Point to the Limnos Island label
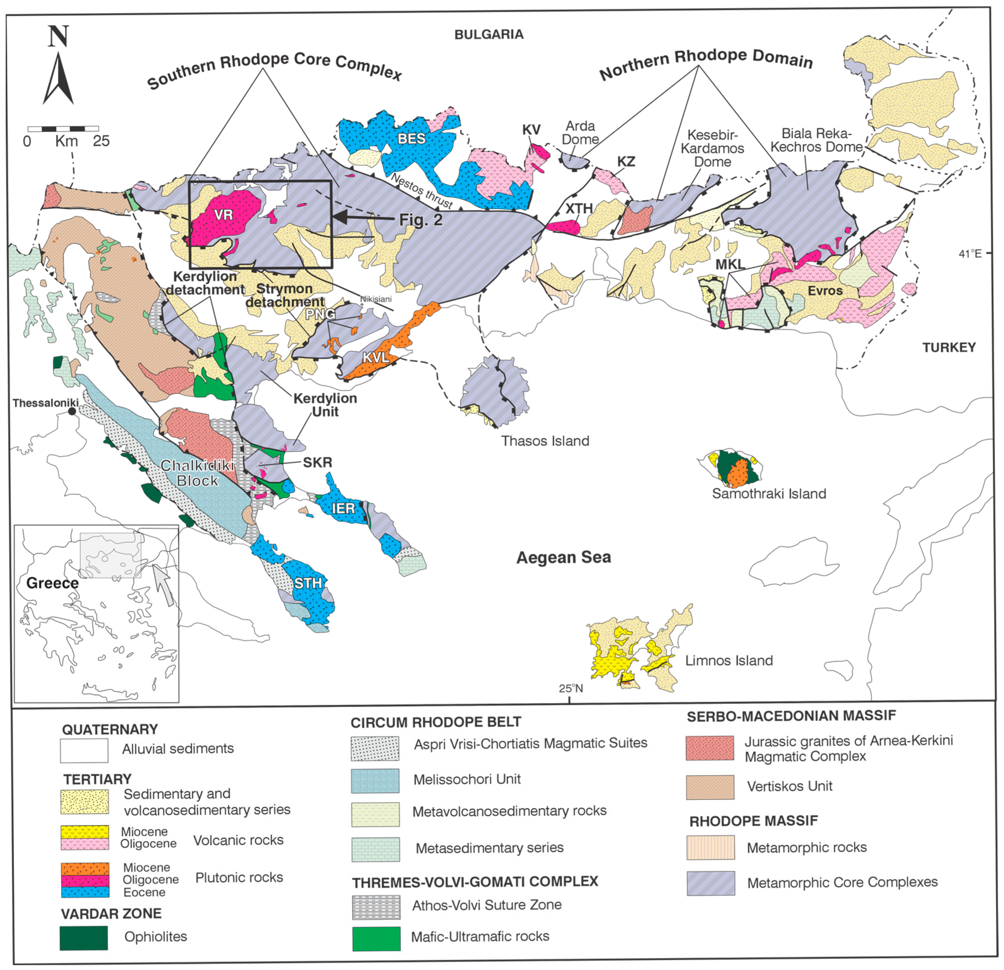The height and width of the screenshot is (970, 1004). pyautogui.click(x=729, y=660)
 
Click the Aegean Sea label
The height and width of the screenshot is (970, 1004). pyautogui.click(x=564, y=557)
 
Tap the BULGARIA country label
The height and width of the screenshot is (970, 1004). pyautogui.click(x=489, y=34)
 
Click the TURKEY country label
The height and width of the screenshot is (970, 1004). pyautogui.click(x=949, y=348)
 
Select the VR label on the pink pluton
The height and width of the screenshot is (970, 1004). pyautogui.click(x=223, y=215)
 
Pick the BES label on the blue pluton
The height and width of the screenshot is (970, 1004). pyautogui.click(x=411, y=138)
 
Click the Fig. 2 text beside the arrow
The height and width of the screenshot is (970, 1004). pyautogui.click(x=421, y=220)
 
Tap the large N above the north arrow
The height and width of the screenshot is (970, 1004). pyautogui.click(x=58, y=36)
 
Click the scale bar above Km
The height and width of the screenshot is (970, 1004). pyautogui.click(x=63, y=128)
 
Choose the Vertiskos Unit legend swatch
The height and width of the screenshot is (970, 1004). pyautogui.click(x=710, y=787)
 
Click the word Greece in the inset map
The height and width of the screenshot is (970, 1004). pyautogui.click(x=52, y=583)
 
